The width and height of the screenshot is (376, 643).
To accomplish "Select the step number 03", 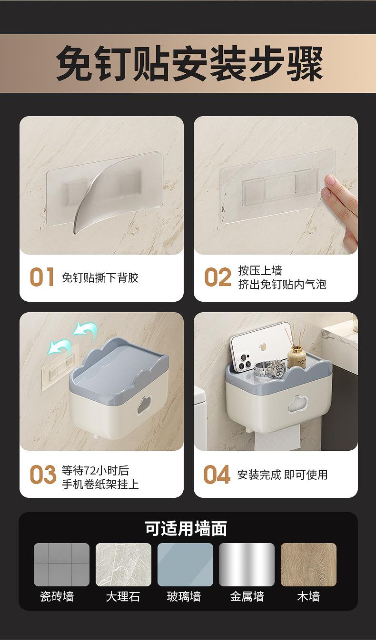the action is [43, 474].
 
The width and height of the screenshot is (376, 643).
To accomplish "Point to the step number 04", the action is [217, 474].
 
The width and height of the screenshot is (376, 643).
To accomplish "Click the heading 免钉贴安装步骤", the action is [189, 63].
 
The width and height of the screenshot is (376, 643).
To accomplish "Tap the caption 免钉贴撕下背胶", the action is [100, 277].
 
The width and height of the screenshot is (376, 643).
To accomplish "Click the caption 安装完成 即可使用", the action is [282, 475].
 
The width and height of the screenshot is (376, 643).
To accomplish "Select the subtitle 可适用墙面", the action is [186, 528].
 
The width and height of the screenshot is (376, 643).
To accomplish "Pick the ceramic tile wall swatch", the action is [62, 564].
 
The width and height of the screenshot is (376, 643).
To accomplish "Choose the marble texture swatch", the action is [123, 564].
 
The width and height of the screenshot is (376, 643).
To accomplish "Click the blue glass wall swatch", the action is [185, 564].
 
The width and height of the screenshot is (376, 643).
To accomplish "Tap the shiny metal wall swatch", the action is [247, 564].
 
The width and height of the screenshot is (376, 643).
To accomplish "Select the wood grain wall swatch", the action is [308, 564].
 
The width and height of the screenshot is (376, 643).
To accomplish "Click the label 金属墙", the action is [247, 596].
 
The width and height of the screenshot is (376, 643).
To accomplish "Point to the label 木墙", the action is [308, 596].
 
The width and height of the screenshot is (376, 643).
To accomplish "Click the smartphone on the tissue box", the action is [260, 346].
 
